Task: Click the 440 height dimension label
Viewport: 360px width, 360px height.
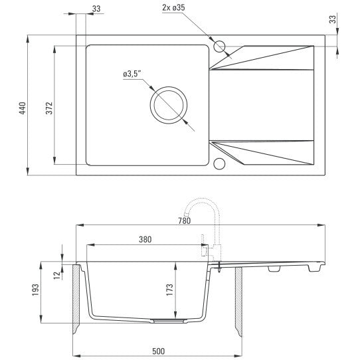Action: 23,108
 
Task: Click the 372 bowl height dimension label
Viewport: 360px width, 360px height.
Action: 49,108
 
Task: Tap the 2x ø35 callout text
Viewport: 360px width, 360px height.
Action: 173,8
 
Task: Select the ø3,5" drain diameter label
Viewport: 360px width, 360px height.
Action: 132,74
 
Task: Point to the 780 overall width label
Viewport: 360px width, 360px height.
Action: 185,221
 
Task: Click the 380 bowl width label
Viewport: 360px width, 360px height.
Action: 145,240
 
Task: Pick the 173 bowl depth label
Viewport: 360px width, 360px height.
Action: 169,290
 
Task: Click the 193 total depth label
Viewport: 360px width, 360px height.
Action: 36,290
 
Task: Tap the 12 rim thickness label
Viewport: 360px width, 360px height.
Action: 57,275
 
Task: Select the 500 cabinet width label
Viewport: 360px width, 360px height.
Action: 159,351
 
